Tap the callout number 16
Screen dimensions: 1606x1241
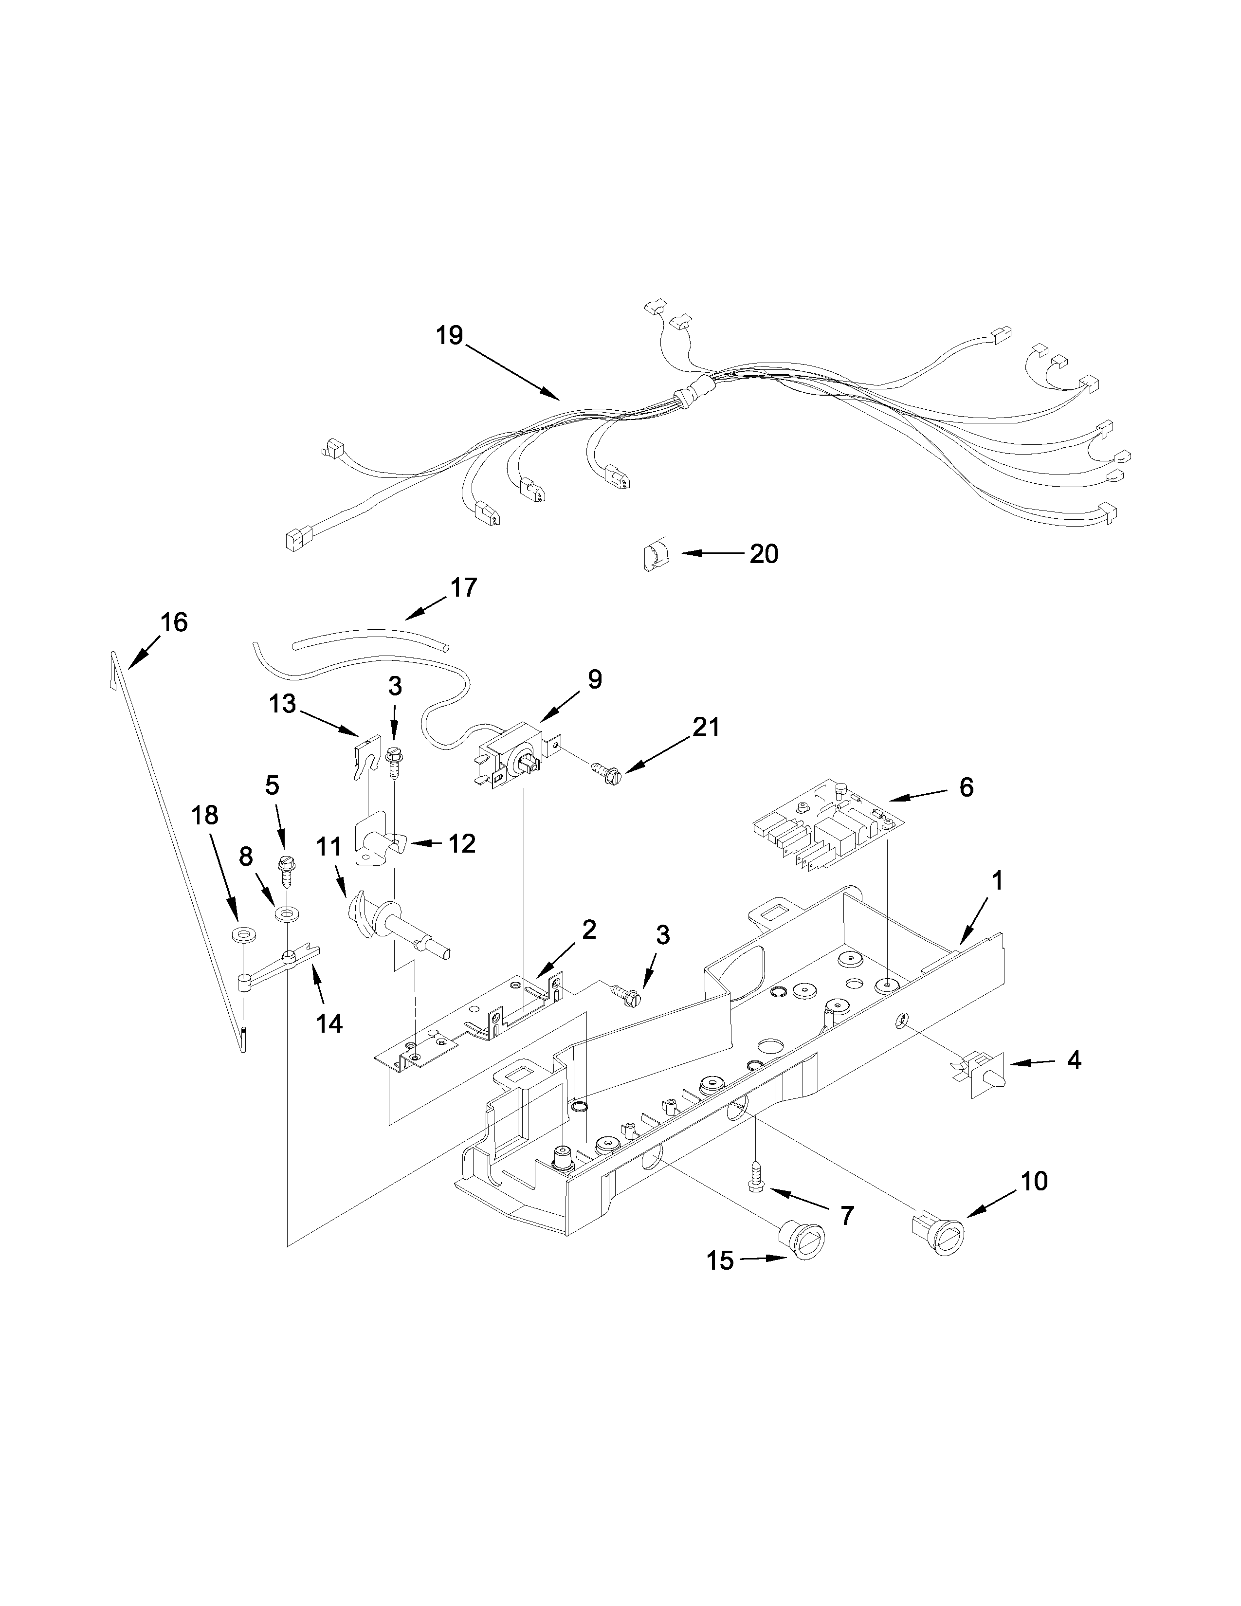(174, 622)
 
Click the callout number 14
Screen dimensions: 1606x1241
(328, 1022)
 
